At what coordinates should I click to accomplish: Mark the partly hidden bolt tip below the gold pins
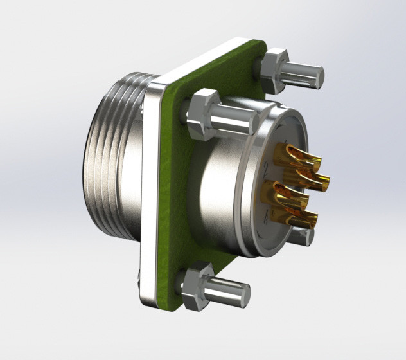(302, 236)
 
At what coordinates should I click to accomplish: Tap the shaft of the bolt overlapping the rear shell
(234, 120)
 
